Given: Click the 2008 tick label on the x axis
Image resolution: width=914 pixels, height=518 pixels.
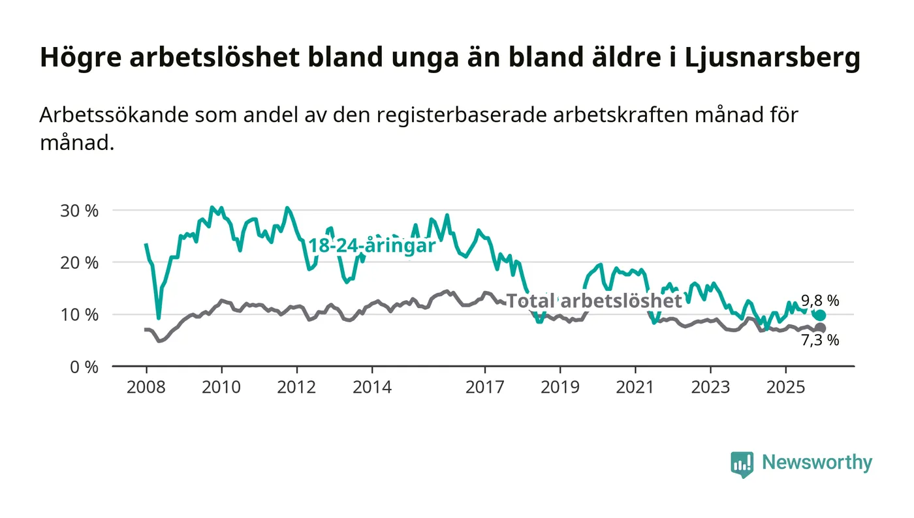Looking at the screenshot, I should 146,387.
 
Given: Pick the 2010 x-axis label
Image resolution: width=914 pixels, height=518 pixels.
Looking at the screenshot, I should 221,387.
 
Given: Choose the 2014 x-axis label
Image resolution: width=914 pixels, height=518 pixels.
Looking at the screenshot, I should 372,387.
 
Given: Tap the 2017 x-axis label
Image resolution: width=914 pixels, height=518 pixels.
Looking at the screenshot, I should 485,387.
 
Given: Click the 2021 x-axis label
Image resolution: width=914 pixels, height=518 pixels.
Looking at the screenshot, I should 635,387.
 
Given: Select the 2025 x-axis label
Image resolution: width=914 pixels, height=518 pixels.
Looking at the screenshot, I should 786,387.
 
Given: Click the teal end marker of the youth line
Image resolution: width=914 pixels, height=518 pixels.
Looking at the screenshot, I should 821,315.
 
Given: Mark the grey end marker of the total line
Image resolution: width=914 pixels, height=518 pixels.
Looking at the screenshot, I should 821,328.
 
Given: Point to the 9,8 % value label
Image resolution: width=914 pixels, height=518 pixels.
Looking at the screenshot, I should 820,301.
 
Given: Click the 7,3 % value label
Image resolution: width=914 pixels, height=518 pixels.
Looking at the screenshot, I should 820,340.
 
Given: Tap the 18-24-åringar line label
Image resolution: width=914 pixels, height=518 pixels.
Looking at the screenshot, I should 371,246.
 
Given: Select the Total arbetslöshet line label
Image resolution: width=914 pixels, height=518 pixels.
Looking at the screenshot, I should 594,301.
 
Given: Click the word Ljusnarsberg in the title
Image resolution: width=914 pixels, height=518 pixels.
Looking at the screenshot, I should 773,58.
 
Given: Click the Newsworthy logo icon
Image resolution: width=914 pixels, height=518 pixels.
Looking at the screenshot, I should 742,464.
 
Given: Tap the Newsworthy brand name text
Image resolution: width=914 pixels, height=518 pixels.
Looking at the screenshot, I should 817,463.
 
